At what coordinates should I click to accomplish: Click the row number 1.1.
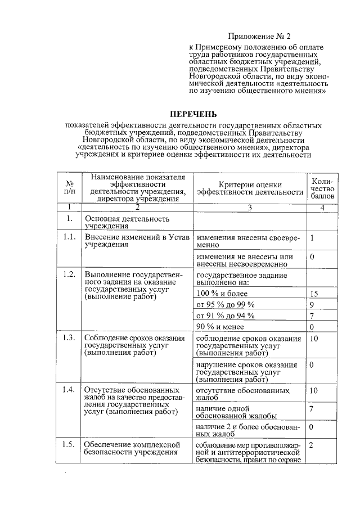(x=69, y=237)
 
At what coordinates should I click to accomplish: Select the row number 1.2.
(x=69, y=274)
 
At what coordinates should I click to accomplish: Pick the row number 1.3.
(x=69, y=337)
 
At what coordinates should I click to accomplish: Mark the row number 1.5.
(x=69, y=444)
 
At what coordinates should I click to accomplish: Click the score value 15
(x=314, y=294)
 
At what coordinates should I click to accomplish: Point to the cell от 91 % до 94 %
(x=225, y=316)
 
